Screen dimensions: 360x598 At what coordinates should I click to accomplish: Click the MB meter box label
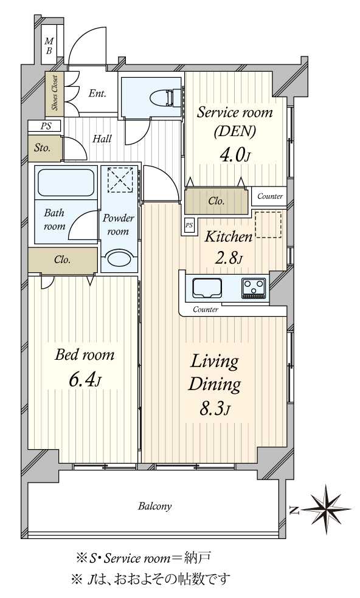(49, 46)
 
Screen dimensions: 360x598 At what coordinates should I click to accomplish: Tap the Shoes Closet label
(55, 92)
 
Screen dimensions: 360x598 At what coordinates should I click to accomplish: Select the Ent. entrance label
(97, 93)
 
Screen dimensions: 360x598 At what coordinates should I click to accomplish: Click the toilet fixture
(168, 97)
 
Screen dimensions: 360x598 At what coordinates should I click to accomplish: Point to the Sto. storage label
(43, 148)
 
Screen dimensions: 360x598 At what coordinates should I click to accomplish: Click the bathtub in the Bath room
(66, 183)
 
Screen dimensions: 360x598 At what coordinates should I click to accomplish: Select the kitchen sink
(207, 288)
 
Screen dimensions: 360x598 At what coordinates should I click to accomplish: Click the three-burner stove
(254, 288)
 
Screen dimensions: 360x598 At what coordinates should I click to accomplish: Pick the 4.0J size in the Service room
(234, 155)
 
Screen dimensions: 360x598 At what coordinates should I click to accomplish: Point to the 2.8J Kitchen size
(229, 259)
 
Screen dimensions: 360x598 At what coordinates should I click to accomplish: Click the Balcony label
(154, 506)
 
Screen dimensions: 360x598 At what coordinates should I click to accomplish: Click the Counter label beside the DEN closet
(270, 196)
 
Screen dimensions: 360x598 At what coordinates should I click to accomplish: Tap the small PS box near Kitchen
(189, 225)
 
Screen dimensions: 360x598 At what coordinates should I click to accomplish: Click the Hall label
(102, 139)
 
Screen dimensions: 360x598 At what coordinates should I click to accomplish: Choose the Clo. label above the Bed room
(62, 259)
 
